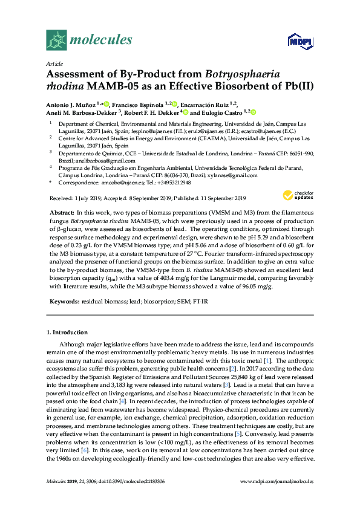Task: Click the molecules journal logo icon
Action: [56, 40]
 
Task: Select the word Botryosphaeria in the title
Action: [242, 75]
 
